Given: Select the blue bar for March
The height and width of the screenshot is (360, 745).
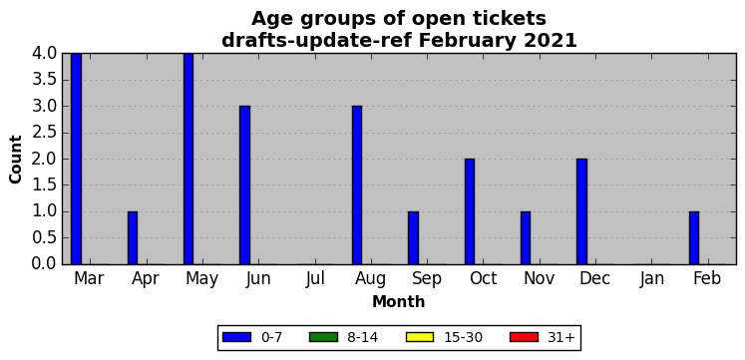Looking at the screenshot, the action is [76, 159].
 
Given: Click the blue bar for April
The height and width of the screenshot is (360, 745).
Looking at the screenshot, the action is [133, 238].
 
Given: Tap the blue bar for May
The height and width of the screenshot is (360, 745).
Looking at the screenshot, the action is [188, 159].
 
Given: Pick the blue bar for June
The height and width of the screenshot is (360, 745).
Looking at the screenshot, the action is [244, 185].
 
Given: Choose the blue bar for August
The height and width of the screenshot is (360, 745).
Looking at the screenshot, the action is [357, 185].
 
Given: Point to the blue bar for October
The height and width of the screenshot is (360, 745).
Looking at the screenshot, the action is [470, 211].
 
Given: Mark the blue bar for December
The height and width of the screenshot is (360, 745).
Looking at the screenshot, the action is [582, 211].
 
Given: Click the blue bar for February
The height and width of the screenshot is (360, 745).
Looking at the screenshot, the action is [694, 238].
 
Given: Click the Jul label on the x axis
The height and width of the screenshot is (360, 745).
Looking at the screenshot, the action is [315, 279].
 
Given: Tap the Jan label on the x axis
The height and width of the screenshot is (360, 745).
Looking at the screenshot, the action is [652, 279].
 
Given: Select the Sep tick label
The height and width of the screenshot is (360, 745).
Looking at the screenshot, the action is [427, 279].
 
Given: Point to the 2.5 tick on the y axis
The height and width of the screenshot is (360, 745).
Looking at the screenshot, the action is [44, 133].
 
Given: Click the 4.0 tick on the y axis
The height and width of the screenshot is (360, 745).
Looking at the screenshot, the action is [44, 54].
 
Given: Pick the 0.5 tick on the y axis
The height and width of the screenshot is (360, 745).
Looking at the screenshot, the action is [44, 238].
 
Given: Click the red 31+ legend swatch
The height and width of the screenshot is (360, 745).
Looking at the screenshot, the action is [524, 337].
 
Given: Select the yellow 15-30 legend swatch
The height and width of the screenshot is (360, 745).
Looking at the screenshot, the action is [420, 337].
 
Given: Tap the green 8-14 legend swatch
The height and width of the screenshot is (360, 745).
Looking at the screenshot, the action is [323, 337].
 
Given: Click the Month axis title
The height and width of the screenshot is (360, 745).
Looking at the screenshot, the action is [399, 302].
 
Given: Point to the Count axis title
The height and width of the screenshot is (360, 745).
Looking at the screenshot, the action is [16, 160].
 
